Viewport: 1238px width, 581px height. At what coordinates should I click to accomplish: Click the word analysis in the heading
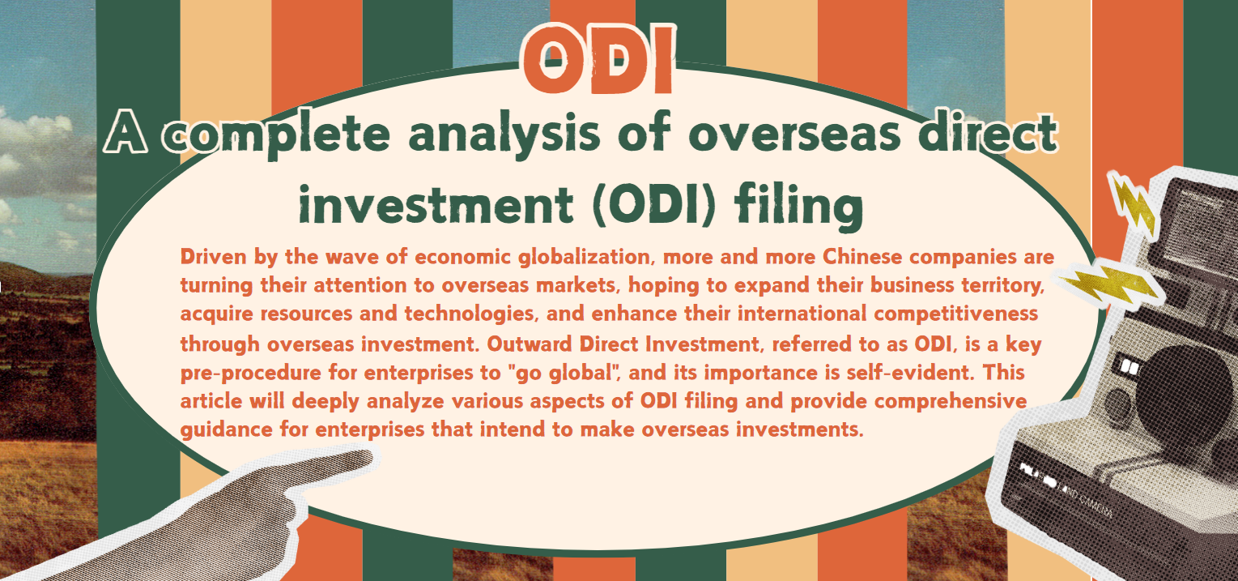(x=504, y=135)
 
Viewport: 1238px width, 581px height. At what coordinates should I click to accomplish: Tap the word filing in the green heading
(x=798, y=206)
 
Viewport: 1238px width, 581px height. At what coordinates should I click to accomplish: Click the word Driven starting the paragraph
(x=213, y=257)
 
